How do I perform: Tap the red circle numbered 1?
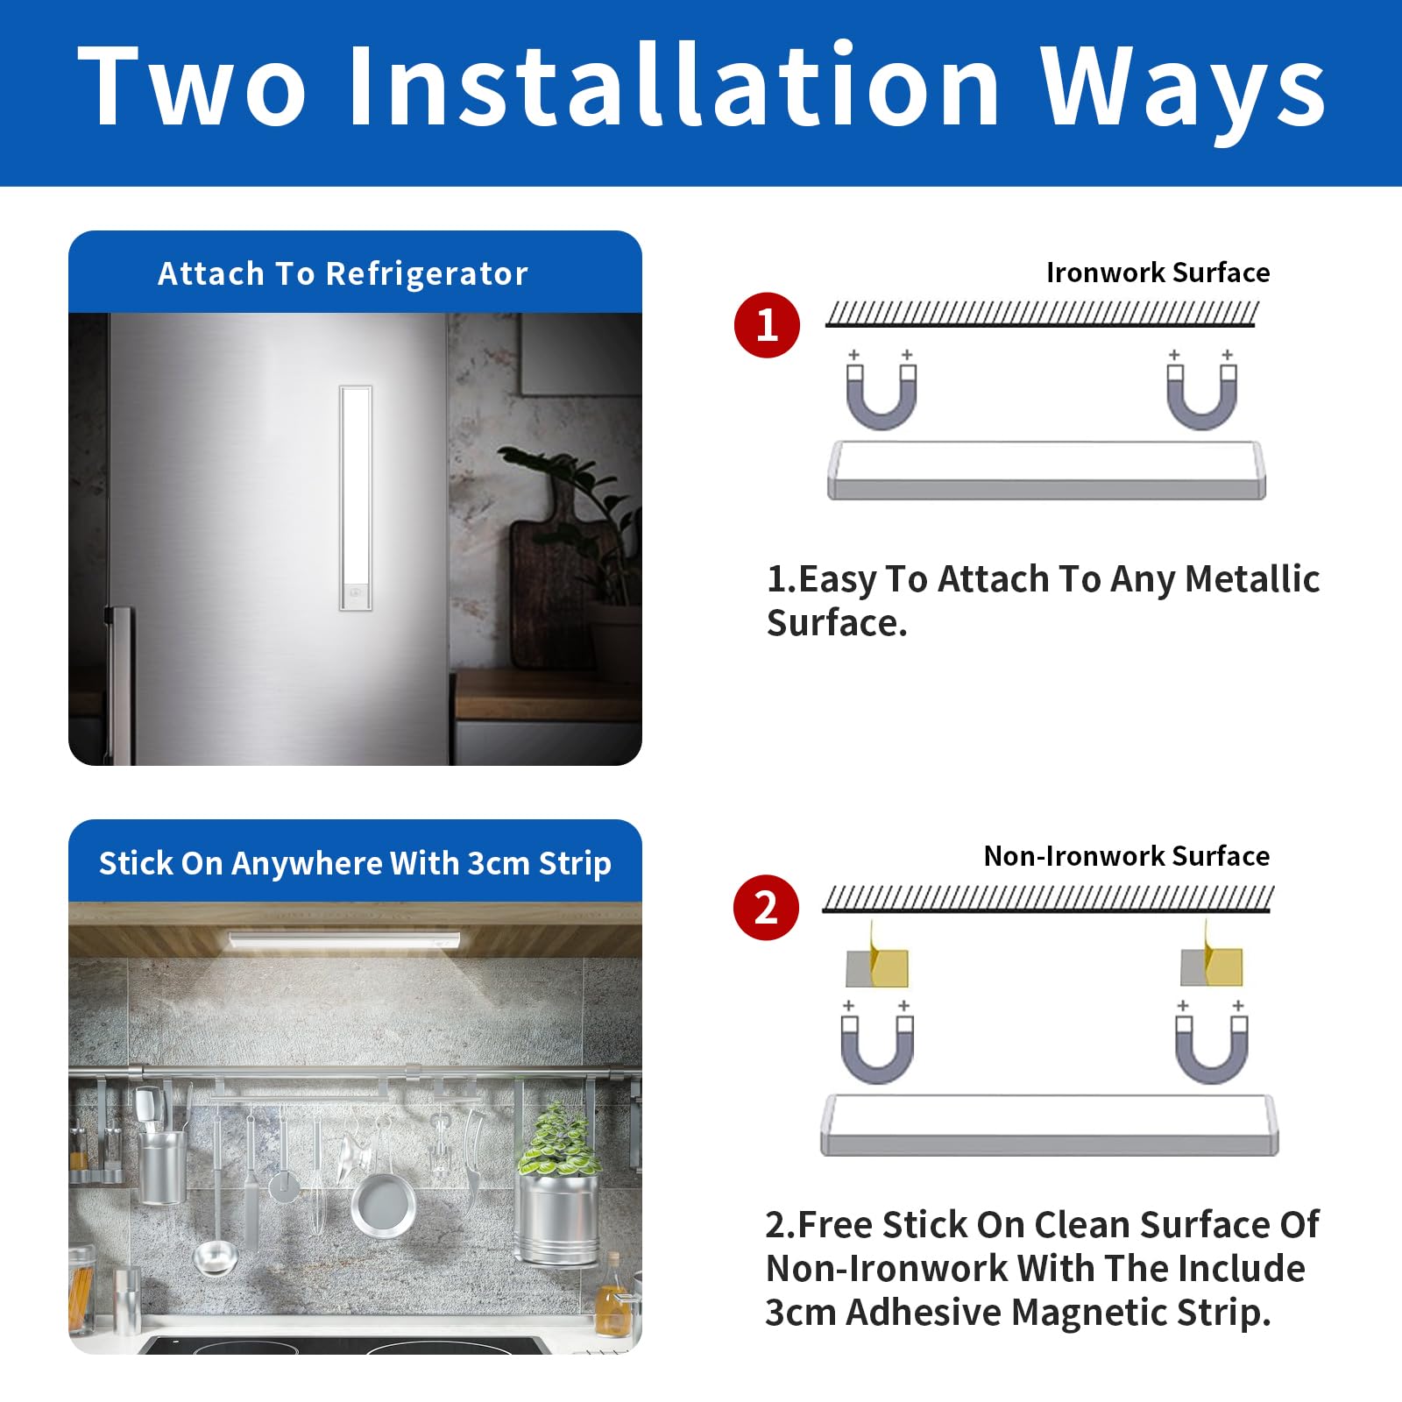click(767, 325)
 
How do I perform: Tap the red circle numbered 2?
click(766, 908)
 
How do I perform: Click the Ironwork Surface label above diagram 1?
click(1158, 273)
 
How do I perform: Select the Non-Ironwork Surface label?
click(1126, 855)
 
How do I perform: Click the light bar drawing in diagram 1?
click(1046, 471)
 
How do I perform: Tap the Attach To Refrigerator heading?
click(343, 274)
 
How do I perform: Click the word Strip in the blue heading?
click(575, 864)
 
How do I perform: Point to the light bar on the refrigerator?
click(356, 498)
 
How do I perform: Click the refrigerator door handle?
click(120, 683)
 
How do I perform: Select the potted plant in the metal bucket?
click(559, 1183)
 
